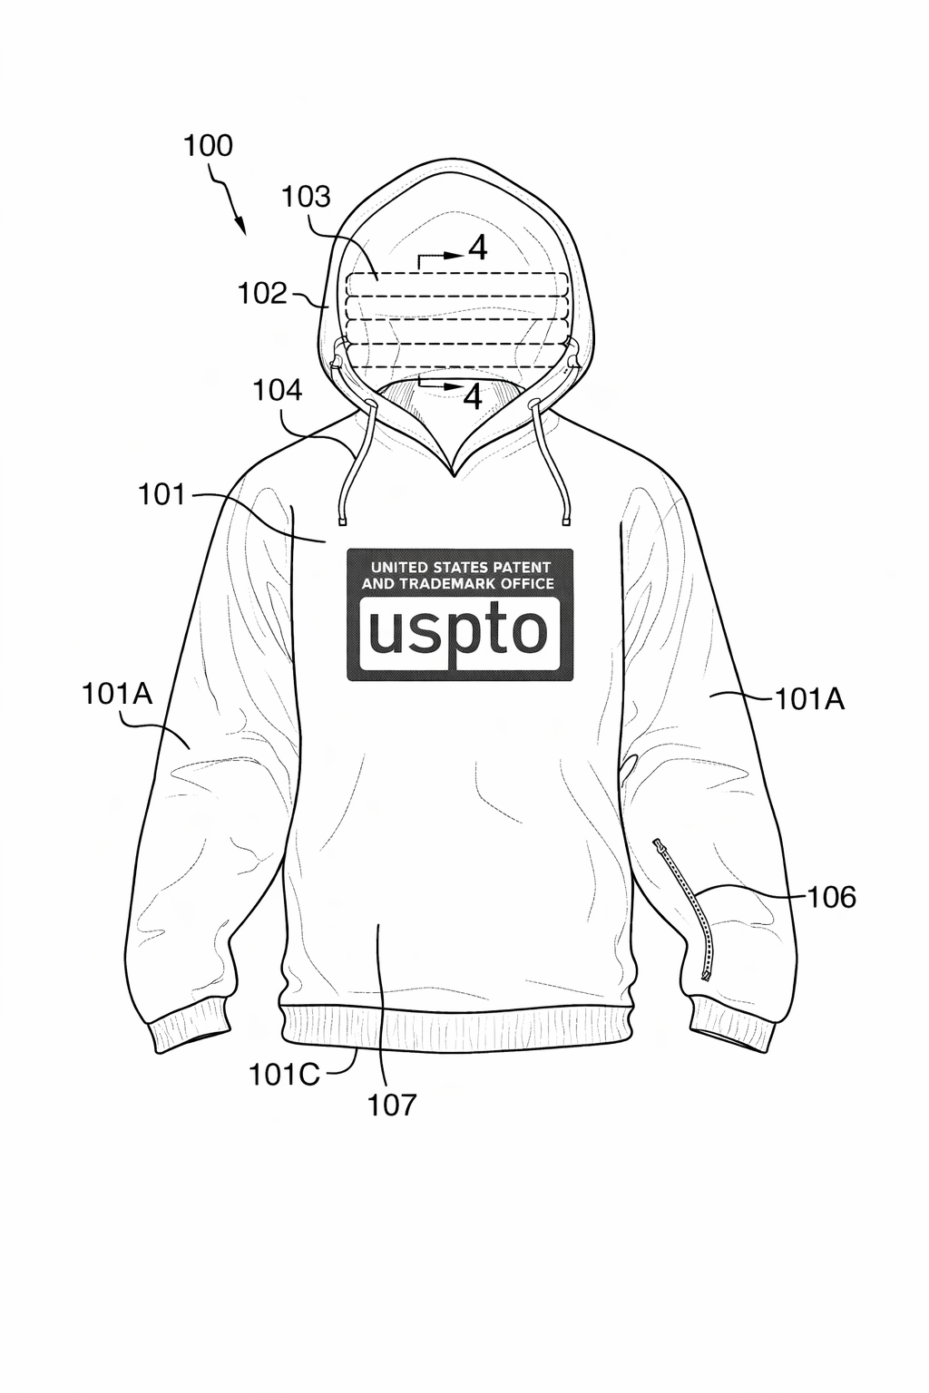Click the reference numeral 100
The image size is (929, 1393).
[208, 145]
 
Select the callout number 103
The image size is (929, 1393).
[306, 196]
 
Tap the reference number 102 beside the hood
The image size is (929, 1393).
[262, 293]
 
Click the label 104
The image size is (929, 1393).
[277, 390]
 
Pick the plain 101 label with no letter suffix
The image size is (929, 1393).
[161, 494]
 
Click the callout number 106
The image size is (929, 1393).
[832, 897]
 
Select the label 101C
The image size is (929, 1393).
[284, 1074]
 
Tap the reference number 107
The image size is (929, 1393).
[392, 1105]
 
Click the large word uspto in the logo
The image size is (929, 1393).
[459, 631]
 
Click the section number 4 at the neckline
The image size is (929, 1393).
[473, 396]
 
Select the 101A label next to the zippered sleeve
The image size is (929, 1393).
[808, 698]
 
